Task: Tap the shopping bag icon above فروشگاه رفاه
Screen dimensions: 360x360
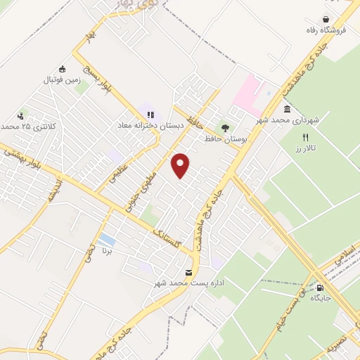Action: coord(326,20)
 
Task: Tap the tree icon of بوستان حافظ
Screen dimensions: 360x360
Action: coord(225,128)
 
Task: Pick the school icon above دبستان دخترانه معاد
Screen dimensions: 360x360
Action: coord(150,114)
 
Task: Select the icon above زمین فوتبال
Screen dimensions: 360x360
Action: coord(63,69)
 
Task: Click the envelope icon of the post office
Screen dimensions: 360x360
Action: coord(188,272)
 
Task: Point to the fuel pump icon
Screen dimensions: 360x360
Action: coord(320,288)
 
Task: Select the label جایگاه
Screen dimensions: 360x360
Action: coord(320,299)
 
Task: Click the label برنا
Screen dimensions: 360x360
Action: coord(108,250)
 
